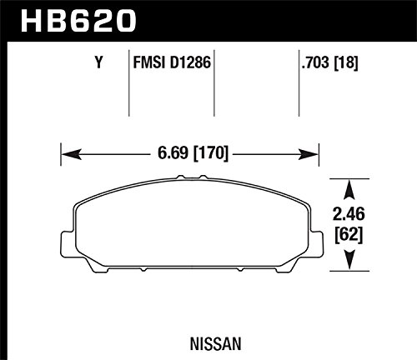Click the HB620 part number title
pos(78,21)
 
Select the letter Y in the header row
pos(98,62)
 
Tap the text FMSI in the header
pos(149,62)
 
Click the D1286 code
pos(190,62)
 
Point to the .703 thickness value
pos(315,62)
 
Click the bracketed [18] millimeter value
pos(345,62)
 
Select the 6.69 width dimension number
pos(173,152)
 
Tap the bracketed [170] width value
pos(211,152)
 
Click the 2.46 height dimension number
pos(349,214)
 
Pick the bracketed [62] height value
pos(349,236)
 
